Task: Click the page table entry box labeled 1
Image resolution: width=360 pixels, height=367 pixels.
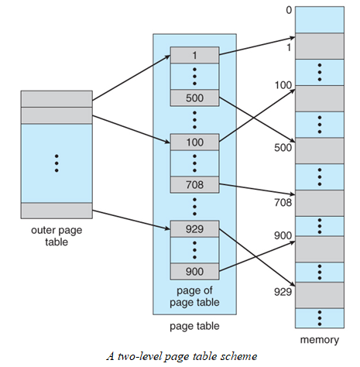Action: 194,55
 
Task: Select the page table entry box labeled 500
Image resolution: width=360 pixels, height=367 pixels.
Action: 194,98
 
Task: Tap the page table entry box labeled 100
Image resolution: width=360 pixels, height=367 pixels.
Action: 194,142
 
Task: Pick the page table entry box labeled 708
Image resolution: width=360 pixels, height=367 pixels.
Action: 194,185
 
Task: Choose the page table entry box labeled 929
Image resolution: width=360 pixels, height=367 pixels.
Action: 194,228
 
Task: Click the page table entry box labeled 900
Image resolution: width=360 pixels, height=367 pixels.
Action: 194,272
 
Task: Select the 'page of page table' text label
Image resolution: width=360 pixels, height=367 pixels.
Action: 194,295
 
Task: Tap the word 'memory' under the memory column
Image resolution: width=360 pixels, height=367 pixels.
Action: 319,339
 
